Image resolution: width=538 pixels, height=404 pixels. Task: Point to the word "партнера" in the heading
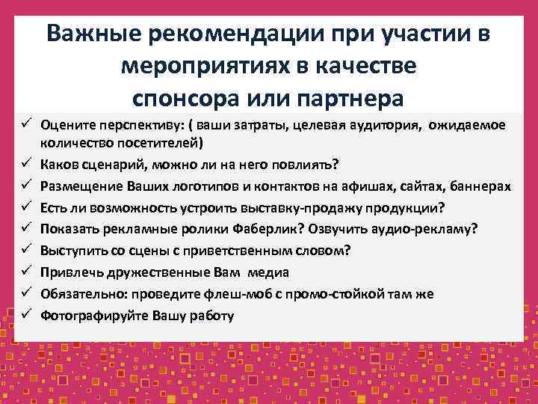pos(350,98)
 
